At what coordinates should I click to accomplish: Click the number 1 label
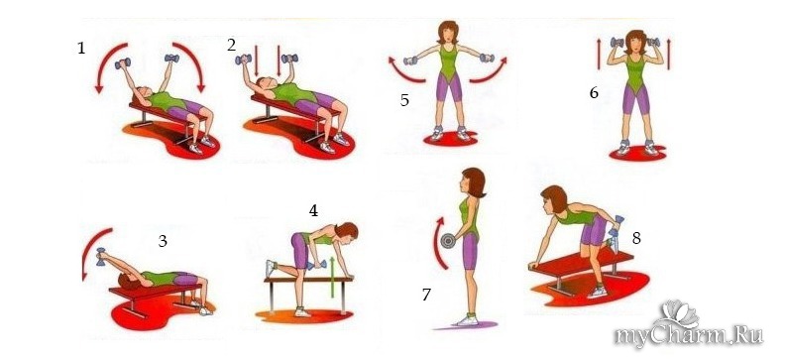tap(81, 49)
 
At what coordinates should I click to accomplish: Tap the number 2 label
tap(231, 45)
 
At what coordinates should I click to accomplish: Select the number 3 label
tap(163, 241)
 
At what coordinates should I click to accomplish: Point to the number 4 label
tap(313, 211)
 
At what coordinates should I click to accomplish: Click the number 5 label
tap(404, 100)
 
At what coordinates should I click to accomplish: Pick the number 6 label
tap(594, 93)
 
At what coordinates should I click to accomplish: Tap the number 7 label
tap(426, 295)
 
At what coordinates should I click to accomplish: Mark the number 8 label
tap(636, 238)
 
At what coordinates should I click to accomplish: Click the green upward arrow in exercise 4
tap(331, 278)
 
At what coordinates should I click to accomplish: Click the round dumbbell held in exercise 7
tap(447, 241)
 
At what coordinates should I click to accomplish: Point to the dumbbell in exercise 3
tap(101, 256)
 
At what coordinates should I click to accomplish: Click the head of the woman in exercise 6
tap(635, 42)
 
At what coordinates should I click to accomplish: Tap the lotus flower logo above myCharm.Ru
tap(680, 314)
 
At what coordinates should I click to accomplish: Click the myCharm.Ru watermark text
tap(690, 336)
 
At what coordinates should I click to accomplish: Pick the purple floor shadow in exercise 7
tap(466, 326)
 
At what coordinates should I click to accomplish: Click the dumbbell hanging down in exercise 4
tap(317, 265)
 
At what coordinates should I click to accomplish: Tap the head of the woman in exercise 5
tap(448, 33)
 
